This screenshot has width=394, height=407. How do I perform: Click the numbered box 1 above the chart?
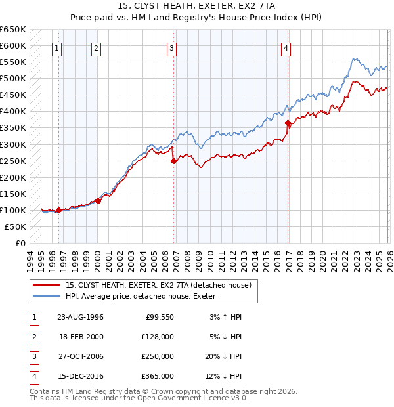[57, 47]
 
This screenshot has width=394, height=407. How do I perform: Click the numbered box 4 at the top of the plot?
[286, 47]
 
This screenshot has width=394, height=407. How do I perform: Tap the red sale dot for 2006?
[173, 160]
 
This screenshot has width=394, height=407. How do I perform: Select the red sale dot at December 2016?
[288, 123]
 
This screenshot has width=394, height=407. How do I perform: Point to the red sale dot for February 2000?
[98, 201]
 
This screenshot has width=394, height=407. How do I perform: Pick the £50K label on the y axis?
[15, 226]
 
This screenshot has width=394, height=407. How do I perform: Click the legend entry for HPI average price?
[144, 297]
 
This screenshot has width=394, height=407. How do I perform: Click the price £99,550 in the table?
[158, 317]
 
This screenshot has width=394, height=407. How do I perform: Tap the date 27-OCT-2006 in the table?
[80, 356]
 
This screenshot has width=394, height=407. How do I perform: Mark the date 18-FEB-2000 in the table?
[80, 337]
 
